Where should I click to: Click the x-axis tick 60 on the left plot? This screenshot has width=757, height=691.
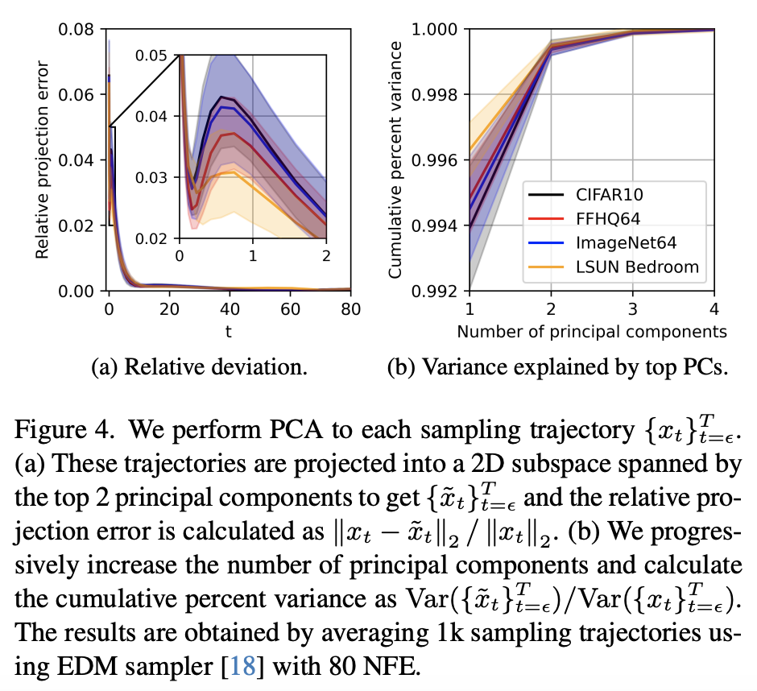click(x=290, y=308)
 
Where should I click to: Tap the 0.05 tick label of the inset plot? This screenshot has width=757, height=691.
click(x=151, y=56)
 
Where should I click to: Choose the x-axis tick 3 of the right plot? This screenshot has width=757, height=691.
click(x=633, y=308)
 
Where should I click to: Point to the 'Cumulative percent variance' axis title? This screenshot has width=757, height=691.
click(x=395, y=159)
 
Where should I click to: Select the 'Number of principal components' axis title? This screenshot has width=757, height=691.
click(x=592, y=331)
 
